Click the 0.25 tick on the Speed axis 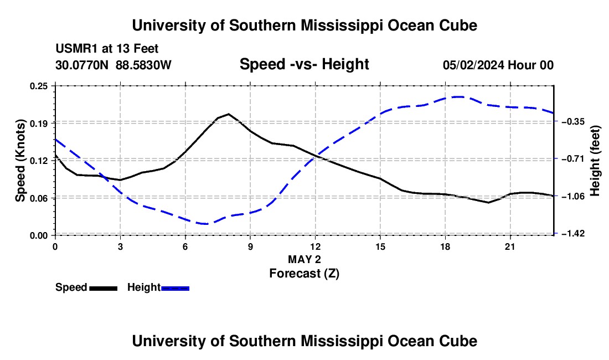click(38, 86)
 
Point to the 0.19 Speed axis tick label click(38, 124)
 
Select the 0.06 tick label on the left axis click(38, 198)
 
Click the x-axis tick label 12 click(316, 246)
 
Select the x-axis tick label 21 click(510, 246)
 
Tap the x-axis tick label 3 click(120, 246)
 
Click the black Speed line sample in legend click(104, 289)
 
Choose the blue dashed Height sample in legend click(175, 289)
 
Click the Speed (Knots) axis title click(20, 161)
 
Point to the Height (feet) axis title click(595, 161)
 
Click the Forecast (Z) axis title click(304, 274)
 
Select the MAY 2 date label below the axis click(304, 259)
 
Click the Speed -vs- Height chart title click(304, 64)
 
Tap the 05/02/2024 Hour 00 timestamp click(498, 65)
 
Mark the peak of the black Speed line click(228, 114)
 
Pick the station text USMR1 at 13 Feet click(107, 49)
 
